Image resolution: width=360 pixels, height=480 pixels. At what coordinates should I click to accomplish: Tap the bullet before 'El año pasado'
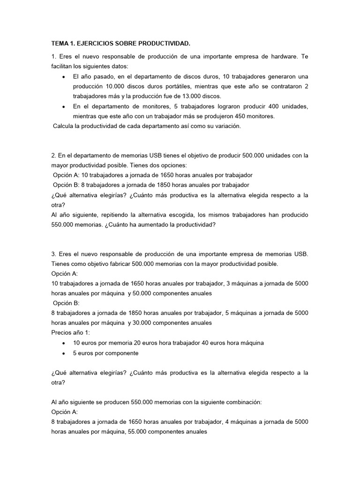coord(63,76)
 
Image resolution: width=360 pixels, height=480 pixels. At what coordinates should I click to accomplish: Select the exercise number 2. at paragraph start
coord(54,155)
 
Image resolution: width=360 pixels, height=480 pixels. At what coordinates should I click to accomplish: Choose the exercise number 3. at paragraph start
coord(54,254)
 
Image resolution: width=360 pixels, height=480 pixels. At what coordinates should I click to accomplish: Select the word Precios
coord(63,333)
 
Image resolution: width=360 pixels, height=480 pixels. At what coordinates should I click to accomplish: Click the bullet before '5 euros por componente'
coord(63,353)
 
